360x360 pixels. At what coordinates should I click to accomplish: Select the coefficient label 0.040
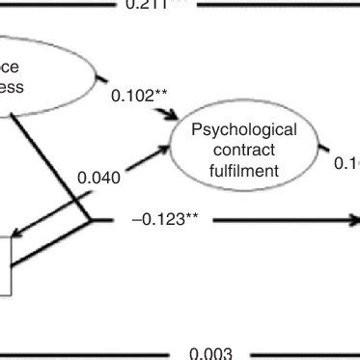click(98, 178)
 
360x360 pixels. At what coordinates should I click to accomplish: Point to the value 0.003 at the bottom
click(210, 353)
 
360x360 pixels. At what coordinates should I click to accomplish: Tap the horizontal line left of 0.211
click(58, 4)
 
